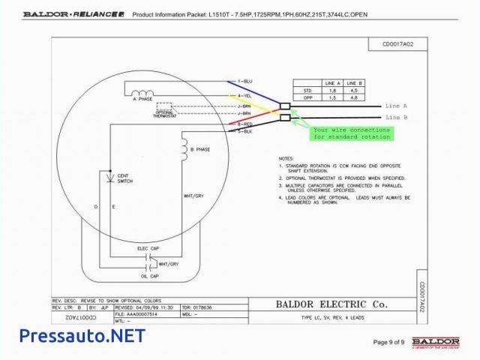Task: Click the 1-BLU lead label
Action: click(247, 80)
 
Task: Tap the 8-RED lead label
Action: click(247, 124)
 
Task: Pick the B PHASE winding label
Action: click(200, 150)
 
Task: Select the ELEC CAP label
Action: click(148, 247)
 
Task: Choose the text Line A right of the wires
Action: click(396, 106)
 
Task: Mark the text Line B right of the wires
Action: click(396, 118)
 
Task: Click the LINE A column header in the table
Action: click(332, 82)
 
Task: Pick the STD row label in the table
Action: click(306, 90)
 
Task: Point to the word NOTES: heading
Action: click(286, 159)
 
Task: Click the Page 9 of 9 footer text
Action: click(388, 343)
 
